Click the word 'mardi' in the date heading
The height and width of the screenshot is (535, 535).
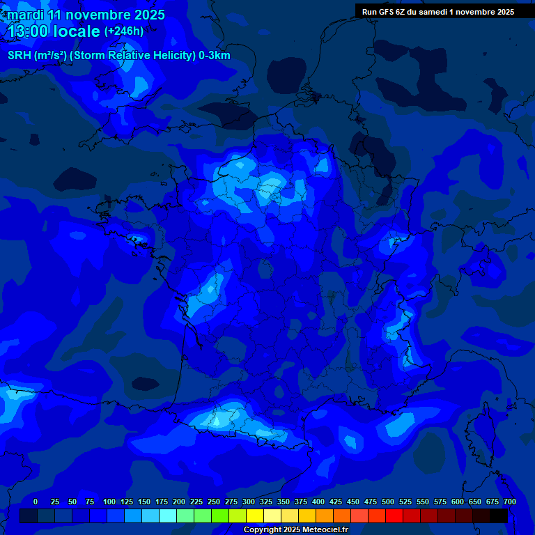click(x=26, y=15)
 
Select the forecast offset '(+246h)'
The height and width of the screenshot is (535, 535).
click(x=124, y=31)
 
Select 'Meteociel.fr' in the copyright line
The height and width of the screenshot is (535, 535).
click(x=325, y=530)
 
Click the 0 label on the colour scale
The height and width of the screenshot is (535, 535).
click(x=36, y=502)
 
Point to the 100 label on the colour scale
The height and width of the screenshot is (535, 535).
click(x=109, y=502)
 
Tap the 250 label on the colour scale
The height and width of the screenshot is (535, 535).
click(x=214, y=502)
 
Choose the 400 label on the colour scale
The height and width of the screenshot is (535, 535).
click(x=318, y=502)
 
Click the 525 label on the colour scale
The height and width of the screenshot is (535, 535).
click(x=405, y=502)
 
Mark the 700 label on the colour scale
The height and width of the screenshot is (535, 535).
click(x=509, y=502)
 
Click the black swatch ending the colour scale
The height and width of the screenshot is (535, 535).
click(x=499, y=516)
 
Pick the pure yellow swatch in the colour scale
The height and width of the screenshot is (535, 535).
click(x=255, y=516)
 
